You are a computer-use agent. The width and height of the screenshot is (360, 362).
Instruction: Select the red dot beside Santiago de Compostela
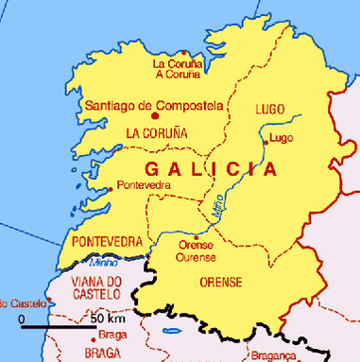77,104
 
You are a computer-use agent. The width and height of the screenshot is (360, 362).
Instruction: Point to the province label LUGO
270,110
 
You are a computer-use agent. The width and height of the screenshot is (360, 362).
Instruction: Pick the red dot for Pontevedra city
111,188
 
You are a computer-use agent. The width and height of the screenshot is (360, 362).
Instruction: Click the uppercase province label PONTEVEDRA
106,242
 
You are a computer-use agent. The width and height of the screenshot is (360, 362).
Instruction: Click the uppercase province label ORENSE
221,282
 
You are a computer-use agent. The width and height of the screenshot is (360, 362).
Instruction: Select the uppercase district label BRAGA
103,353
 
